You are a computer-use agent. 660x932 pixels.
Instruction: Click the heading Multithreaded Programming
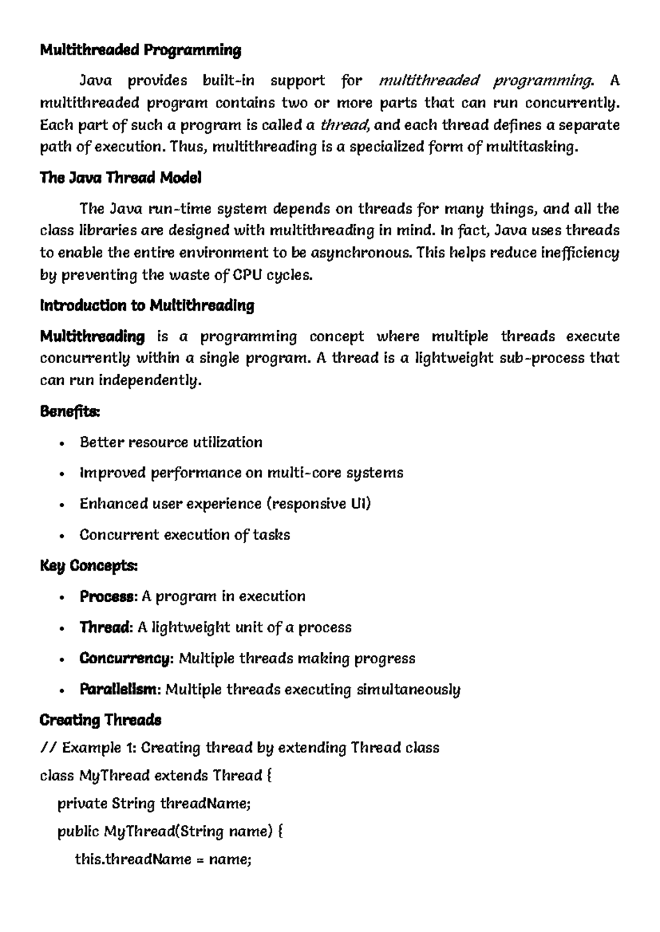(x=140, y=51)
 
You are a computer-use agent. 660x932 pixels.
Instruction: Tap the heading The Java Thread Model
(x=120, y=178)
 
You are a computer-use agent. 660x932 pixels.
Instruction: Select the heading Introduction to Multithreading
(x=147, y=306)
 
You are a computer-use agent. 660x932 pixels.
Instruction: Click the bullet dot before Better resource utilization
(x=62, y=443)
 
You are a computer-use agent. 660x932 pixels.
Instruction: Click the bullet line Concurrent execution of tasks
(x=184, y=535)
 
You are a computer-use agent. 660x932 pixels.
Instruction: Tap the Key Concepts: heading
(x=89, y=565)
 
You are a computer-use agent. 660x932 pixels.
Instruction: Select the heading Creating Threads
(x=100, y=720)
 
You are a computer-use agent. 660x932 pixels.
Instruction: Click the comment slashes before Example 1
(x=48, y=748)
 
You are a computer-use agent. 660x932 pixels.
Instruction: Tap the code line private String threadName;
(x=154, y=803)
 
